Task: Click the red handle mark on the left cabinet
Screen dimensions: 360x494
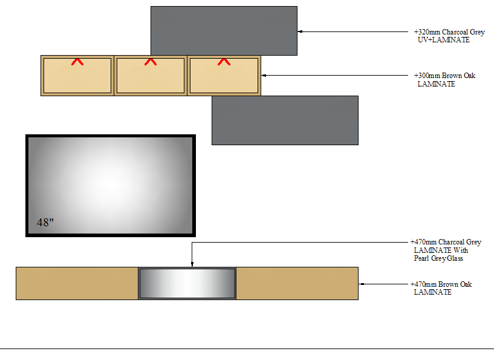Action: [77, 61]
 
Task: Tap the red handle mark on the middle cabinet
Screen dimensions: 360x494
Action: [151, 61]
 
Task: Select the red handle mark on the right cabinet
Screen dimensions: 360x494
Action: [224, 61]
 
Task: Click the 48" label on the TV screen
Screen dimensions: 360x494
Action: [45, 222]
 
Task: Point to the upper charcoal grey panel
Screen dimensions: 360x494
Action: [224, 30]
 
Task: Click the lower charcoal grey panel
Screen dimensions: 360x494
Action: [285, 120]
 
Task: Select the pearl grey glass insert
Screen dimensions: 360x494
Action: [187, 283]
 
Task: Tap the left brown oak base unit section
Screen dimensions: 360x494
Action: [77, 283]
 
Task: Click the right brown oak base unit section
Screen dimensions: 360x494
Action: [297, 283]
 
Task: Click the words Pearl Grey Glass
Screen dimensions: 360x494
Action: [438, 258]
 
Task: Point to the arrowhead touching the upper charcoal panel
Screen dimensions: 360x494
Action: [300, 31]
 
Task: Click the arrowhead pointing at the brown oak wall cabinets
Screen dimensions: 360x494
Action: [264, 76]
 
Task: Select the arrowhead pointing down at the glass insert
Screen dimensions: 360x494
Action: [192, 264]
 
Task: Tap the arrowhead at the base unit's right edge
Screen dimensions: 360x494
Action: [361, 283]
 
